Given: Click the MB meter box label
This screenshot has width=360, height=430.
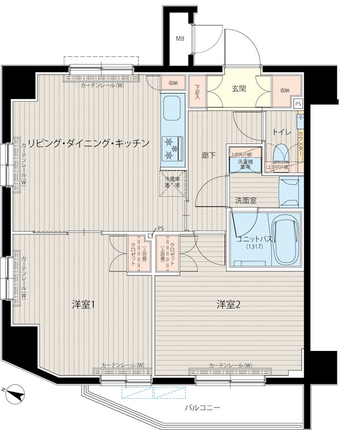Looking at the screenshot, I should tap(181, 39).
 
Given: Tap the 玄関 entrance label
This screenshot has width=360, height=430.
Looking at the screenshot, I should tap(239, 89).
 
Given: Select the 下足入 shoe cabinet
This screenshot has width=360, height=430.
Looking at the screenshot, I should tap(197, 92).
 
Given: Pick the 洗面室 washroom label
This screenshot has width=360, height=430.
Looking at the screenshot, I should tap(246, 200).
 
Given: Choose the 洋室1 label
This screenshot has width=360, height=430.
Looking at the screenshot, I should tap(84, 305).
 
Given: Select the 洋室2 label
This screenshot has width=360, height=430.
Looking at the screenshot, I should tap(228, 305).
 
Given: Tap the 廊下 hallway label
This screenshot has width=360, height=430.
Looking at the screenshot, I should tap(208, 155).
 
